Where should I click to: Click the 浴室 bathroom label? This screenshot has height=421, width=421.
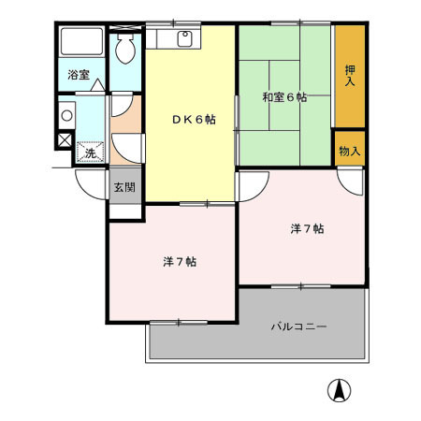point(78,76)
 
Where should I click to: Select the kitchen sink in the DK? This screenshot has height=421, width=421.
point(184,39)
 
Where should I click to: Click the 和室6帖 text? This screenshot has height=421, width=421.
point(283,97)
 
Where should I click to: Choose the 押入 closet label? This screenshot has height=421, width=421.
point(350,75)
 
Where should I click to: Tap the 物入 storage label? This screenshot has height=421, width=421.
point(350,151)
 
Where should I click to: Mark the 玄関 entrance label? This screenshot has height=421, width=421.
point(123,187)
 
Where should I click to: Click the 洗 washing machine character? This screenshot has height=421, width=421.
point(91,152)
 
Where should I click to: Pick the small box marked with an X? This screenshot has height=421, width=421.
point(64,141)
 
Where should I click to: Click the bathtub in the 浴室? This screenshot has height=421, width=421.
point(81,43)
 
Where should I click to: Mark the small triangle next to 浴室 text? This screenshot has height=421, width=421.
point(97,84)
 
